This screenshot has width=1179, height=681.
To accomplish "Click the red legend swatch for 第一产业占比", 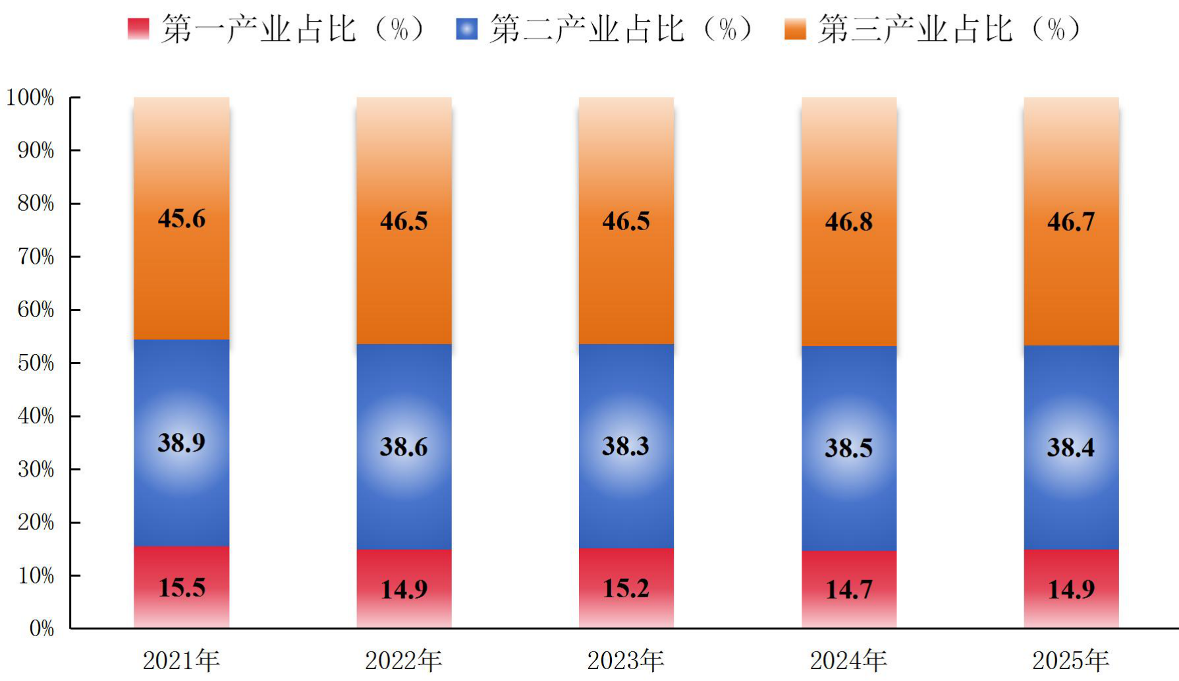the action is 138,29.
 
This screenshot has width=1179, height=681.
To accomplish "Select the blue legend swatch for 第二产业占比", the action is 467,29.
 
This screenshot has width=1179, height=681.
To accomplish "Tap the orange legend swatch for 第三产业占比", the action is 795,29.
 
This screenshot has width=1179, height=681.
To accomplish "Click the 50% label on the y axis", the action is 36,363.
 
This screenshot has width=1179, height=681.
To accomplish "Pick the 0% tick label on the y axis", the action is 42,628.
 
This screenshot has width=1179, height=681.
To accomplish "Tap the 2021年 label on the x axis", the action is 181,661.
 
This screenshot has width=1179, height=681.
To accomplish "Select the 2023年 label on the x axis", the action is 626,661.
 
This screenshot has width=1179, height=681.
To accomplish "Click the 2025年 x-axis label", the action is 1071,661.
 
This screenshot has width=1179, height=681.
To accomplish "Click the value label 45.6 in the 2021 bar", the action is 182,218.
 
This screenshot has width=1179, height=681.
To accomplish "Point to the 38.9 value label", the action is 182,442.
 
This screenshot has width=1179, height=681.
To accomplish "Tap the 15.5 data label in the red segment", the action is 182,587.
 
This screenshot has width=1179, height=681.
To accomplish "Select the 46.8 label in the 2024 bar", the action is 849,222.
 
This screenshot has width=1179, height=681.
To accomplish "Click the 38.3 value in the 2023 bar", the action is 626,446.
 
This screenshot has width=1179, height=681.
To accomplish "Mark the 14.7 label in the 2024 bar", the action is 849,589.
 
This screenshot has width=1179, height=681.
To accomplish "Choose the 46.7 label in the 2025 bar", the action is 1071,222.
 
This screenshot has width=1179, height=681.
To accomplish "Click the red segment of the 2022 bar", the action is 404,589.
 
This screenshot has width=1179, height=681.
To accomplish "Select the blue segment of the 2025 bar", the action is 1071,448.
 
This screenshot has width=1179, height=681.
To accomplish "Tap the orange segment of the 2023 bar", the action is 626,221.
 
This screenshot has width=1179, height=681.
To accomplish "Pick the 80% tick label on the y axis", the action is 36,203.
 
